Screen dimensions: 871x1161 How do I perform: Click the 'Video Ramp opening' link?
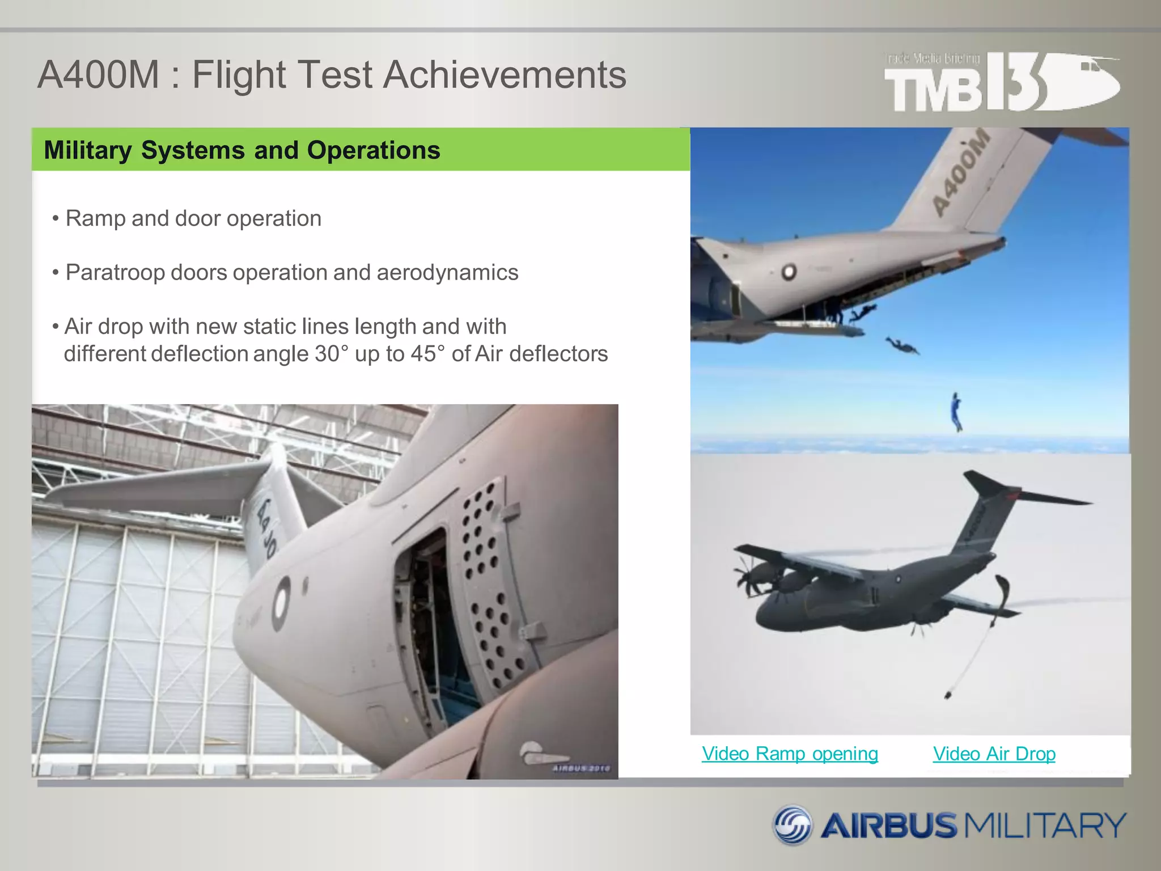point(790,754)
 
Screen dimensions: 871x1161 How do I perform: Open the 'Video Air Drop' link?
point(994,754)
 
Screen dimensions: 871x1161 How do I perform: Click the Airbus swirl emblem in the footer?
point(793,825)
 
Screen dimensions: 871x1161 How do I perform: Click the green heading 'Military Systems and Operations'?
point(242,150)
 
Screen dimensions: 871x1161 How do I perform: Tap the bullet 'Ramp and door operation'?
point(193,218)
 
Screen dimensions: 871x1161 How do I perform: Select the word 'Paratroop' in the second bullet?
point(115,272)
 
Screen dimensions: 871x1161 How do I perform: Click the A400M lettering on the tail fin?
point(960,173)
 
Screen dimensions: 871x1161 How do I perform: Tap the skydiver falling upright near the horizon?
point(956,412)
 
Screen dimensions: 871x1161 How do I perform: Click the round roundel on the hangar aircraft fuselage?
point(281,603)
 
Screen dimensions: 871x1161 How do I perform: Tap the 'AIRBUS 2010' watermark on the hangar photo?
point(581,768)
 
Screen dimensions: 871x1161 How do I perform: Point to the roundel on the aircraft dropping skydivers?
point(789,273)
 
